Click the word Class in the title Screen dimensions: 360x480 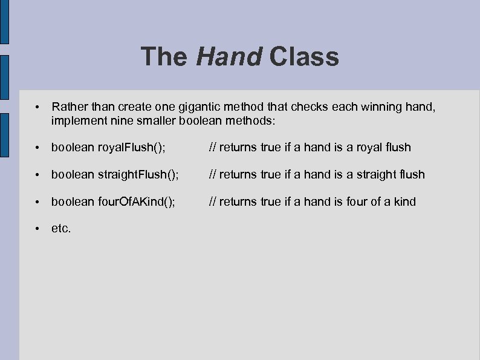304,57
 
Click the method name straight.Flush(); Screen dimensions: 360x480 138,174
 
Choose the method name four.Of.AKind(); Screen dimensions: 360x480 137,201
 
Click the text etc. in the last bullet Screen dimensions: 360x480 61,229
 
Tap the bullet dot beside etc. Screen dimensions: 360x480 37,229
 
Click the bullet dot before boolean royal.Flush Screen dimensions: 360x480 37,147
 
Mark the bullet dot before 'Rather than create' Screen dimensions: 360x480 37,107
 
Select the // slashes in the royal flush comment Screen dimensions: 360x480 212,147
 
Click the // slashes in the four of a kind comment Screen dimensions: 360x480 212,201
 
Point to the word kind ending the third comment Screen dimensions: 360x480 404,201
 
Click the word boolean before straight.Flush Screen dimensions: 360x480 73,174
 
